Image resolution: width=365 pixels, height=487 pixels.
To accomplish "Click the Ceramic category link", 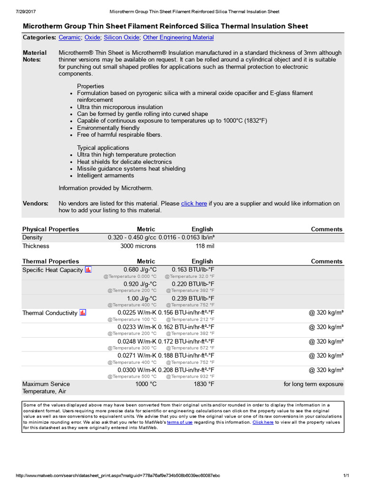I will click(69, 38).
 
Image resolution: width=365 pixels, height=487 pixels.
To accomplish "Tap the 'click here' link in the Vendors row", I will click(194, 204).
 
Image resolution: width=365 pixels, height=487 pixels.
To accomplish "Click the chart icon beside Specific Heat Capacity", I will click(88, 270).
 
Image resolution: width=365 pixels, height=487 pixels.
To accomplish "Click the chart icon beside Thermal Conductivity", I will click(83, 312).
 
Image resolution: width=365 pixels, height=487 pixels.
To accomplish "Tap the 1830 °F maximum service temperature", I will click(204, 384).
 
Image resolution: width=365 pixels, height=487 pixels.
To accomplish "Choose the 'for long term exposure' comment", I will click(313, 384).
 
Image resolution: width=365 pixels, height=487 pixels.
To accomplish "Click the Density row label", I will click(32, 237).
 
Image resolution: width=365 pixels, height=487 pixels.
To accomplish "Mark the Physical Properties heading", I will click(51, 229).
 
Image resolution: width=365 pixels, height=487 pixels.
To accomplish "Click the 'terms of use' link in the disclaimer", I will click(180, 422).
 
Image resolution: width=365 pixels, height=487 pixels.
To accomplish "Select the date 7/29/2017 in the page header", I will click(27, 11).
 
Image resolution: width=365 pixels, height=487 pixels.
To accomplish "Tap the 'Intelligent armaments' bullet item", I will click(106, 175).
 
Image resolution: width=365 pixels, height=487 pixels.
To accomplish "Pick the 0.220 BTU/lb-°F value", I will click(193, 284).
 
